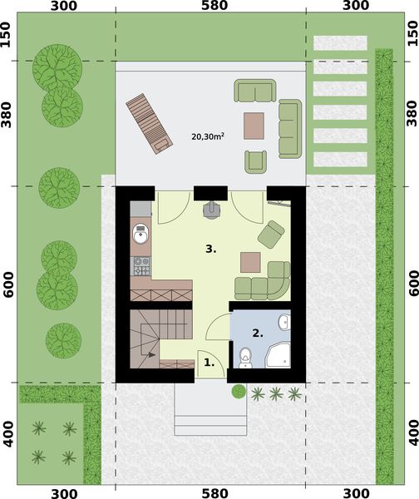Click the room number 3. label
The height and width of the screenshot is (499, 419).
pos(212,248)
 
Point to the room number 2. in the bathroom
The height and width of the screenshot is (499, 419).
pos(258,333)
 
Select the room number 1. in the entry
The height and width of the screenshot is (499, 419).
pos(209,363)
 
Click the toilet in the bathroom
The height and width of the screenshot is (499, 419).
pos(245,358)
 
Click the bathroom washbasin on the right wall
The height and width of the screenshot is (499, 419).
pos(285,322)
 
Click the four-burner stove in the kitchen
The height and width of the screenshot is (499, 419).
pos(141,267)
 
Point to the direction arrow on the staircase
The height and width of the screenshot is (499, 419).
pos(151,355)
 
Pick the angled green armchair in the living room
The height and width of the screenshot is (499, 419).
pos(271,235)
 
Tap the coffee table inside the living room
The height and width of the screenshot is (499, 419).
pos(250,262)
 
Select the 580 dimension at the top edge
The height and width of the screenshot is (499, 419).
pos(211,7)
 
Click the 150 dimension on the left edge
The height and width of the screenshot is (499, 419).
pos(8,37)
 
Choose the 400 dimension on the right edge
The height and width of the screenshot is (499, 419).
pos(411,433)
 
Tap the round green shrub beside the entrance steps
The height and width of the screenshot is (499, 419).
pos(239,391)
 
